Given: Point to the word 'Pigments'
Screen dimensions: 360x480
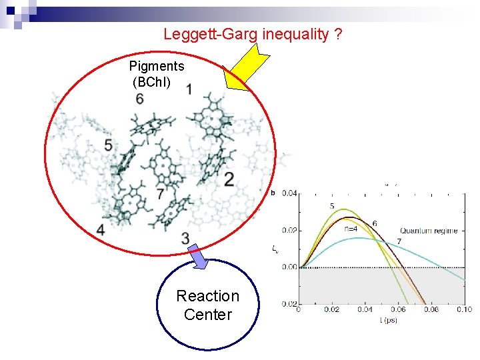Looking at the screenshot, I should (x=157, y=66).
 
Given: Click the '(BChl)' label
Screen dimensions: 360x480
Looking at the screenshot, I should (x=152, y=82).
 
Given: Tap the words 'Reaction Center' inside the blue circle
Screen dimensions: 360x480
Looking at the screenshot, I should (x=207, y=305).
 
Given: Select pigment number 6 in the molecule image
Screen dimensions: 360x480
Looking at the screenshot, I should (x=139, y=99).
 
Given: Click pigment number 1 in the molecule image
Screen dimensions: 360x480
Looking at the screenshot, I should (x=190, y=89).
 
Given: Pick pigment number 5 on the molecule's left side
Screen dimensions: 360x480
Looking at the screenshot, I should (x=108, y=145).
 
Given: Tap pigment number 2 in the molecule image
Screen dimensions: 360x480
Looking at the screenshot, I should (x=229, y=179).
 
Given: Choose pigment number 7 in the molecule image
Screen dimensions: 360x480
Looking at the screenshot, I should (x=160, y=194).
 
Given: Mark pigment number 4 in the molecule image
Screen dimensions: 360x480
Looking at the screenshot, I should (x=100, y=229).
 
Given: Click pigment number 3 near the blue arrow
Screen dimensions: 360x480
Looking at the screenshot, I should (x=185, y=239).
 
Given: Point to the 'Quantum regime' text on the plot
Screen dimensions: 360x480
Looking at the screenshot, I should (x=429, y=231).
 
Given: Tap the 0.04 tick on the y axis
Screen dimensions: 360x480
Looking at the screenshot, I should (x=289, y=193).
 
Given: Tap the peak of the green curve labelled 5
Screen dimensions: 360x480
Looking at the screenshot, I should (x=341, y=210).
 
